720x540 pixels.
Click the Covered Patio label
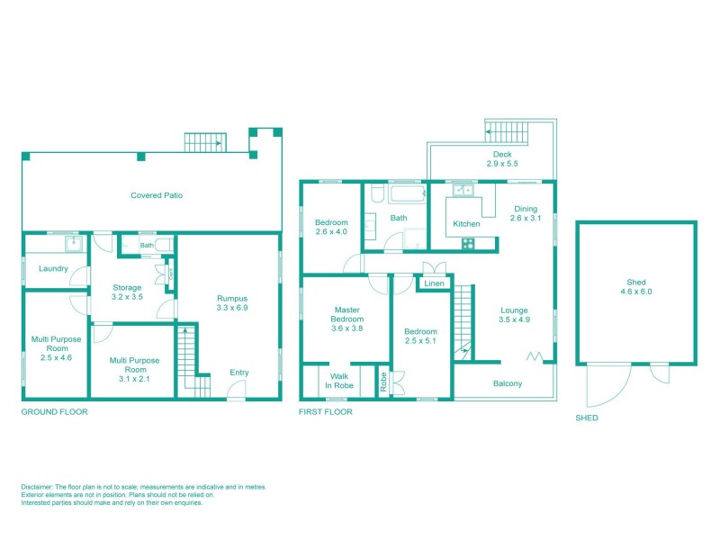pos(157,195)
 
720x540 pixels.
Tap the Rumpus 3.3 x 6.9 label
pos(231,303)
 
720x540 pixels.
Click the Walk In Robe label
pos(339,382)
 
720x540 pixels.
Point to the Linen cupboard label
pos(435,284)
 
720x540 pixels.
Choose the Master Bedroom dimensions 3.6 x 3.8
pos(347,328)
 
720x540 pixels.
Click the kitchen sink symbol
pos(464,190)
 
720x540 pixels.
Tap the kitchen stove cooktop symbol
pos(468,242)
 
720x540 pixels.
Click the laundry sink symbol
pos(69,243)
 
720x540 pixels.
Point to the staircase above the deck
pos(505,132)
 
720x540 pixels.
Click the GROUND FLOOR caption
pos(54,412)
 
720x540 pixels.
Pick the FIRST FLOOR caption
pos(326,412)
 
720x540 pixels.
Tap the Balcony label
pos(508,384)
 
